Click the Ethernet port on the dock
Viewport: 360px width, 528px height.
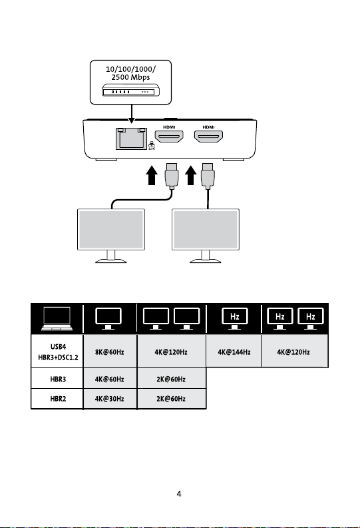131,138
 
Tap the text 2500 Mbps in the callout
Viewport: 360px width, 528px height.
130,77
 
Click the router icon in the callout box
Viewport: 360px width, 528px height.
130,91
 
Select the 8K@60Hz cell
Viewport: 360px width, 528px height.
110,351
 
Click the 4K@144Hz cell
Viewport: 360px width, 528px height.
234,351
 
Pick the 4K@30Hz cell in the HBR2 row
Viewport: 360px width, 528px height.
110,399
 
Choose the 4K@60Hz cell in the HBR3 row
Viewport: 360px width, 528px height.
110,378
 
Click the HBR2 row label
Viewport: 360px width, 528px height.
58,399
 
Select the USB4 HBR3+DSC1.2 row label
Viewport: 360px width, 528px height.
58,352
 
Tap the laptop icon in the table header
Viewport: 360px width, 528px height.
57,318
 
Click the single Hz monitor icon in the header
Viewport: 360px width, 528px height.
234,318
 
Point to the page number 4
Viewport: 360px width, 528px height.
179,493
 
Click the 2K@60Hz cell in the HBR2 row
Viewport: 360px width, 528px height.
171,399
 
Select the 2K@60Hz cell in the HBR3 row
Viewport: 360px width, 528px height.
171,378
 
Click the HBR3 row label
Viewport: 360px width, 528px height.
58,379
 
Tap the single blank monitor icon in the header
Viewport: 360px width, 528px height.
108,318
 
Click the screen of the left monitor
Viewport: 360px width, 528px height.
111,229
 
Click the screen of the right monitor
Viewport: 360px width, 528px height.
206,229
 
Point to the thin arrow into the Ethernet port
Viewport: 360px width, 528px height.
132,114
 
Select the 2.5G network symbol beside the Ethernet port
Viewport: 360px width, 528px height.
152,145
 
